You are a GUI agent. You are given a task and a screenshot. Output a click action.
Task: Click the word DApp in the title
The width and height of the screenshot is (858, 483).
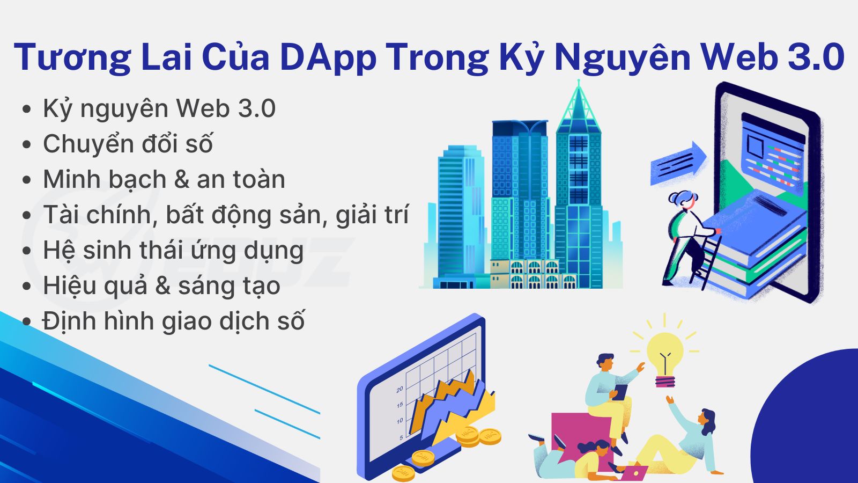pyautogui.click(x=328, y=57)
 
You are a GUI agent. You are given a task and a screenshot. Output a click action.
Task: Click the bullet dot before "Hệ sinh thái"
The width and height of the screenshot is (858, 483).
pyautogui.click(x=26, y=251)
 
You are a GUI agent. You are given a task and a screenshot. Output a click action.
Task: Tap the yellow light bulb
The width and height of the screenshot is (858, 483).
pyautogui.click(x=665, y=359)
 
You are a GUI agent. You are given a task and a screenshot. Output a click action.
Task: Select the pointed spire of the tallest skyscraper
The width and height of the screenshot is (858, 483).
pyautogui.click(x=579, y=105)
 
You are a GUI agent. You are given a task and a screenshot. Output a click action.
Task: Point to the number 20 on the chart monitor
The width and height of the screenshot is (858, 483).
pyautogui.click(x=400, y=390)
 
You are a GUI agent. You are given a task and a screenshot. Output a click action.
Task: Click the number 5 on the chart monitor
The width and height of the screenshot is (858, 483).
pyautogui.click(x=401, y=437)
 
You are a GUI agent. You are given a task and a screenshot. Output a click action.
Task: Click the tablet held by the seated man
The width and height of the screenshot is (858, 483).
pyautogui.click(x=620, y=392)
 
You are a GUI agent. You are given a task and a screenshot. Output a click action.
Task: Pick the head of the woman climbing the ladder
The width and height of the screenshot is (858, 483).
pyautogui.click(x=683, y=201)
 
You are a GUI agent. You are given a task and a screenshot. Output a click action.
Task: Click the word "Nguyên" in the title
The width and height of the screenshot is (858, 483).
pyautogui.click(x=622, y=57)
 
